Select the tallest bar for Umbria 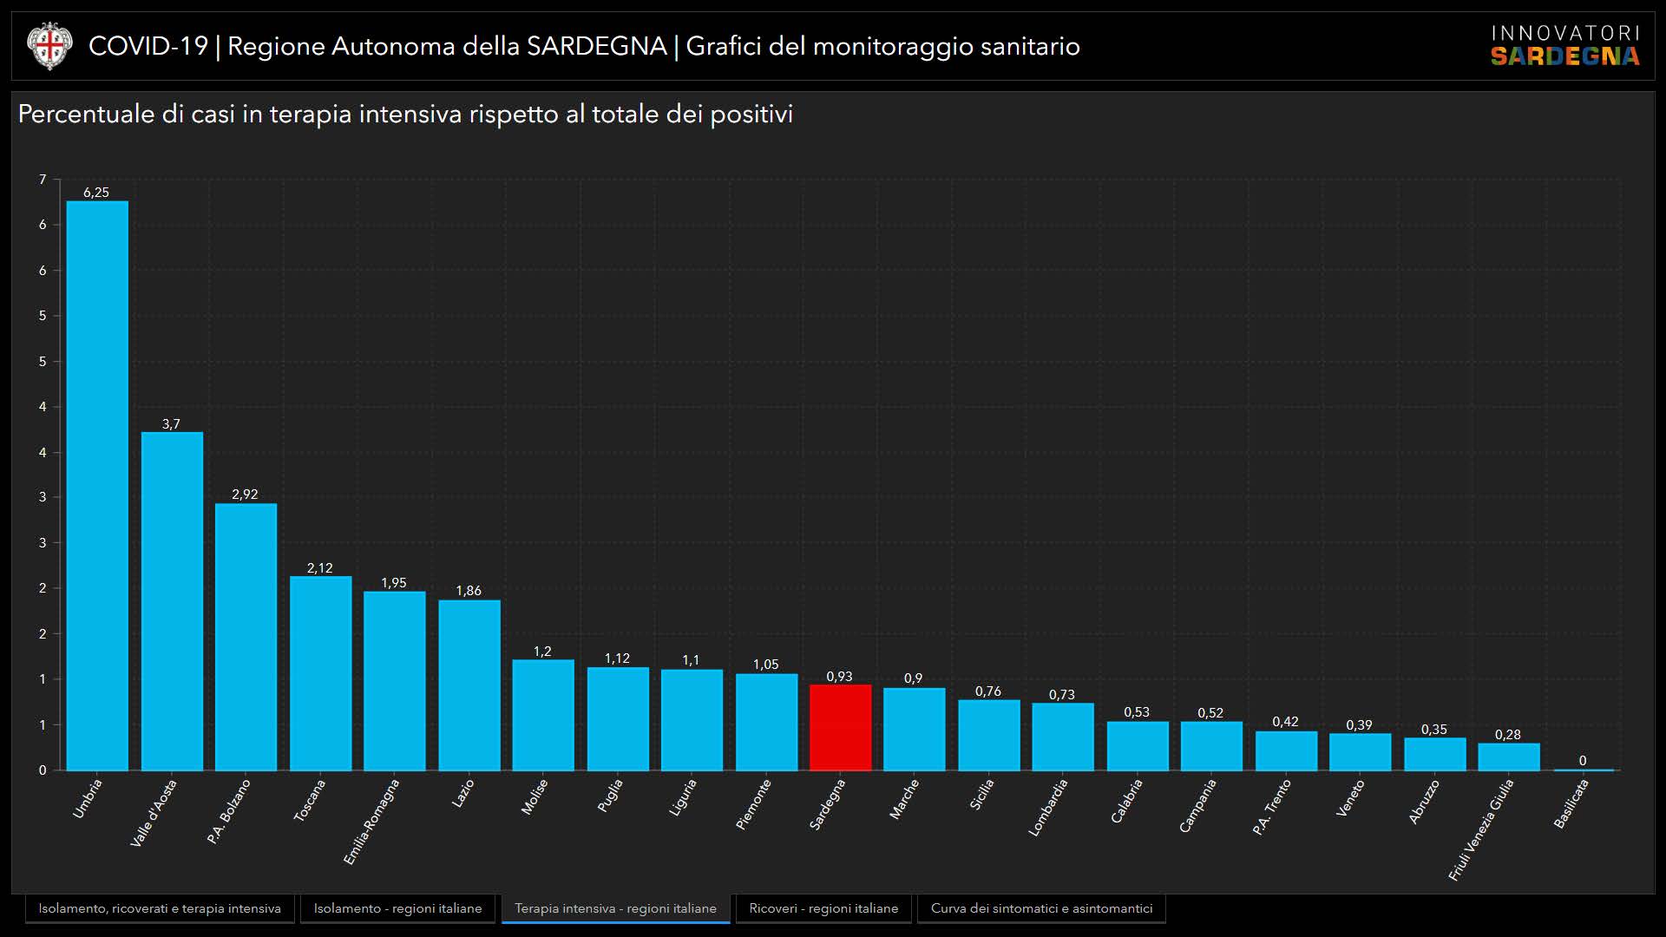coord(97,486)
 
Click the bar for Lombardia coord(1062,737)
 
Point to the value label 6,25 coord(96,193)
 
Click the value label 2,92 coord(245,495)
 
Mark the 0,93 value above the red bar coord(839,677)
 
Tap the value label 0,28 coord(1507,735)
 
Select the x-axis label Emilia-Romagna coord(371,821)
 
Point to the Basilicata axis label coord(1571,803)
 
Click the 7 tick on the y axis coord(43,180)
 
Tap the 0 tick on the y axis coord(43,770)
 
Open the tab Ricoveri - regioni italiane coord(823,908)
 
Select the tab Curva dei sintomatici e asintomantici coord(1041,908)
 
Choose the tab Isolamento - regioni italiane coord(397,908)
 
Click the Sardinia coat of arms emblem coord(49,46)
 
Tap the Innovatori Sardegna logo coord(1564,46)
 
